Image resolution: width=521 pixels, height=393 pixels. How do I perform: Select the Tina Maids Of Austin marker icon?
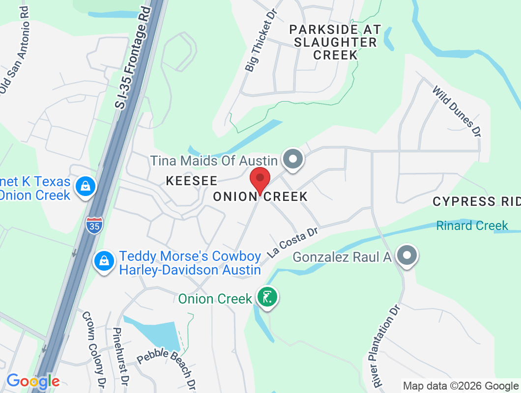pos(293,159)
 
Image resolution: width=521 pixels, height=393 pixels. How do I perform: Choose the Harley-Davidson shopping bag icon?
pos(104,260)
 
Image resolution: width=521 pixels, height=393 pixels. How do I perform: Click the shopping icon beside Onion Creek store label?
pos(86,186)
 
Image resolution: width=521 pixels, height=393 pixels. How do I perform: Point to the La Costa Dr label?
pos(293,242)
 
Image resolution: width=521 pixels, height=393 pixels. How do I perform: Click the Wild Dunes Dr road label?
pos(457,112)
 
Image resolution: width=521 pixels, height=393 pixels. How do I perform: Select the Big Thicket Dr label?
pos(261,40)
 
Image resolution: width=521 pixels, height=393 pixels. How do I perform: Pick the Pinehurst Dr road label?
pos(120,356)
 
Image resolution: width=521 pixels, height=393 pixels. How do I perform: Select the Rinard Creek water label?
pos(472,225)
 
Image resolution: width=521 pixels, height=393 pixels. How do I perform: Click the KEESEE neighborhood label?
pos(191,181)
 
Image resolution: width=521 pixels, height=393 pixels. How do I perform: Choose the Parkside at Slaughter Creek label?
pos(335,42)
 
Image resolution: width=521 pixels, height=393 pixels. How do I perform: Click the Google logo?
pos(32,381)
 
